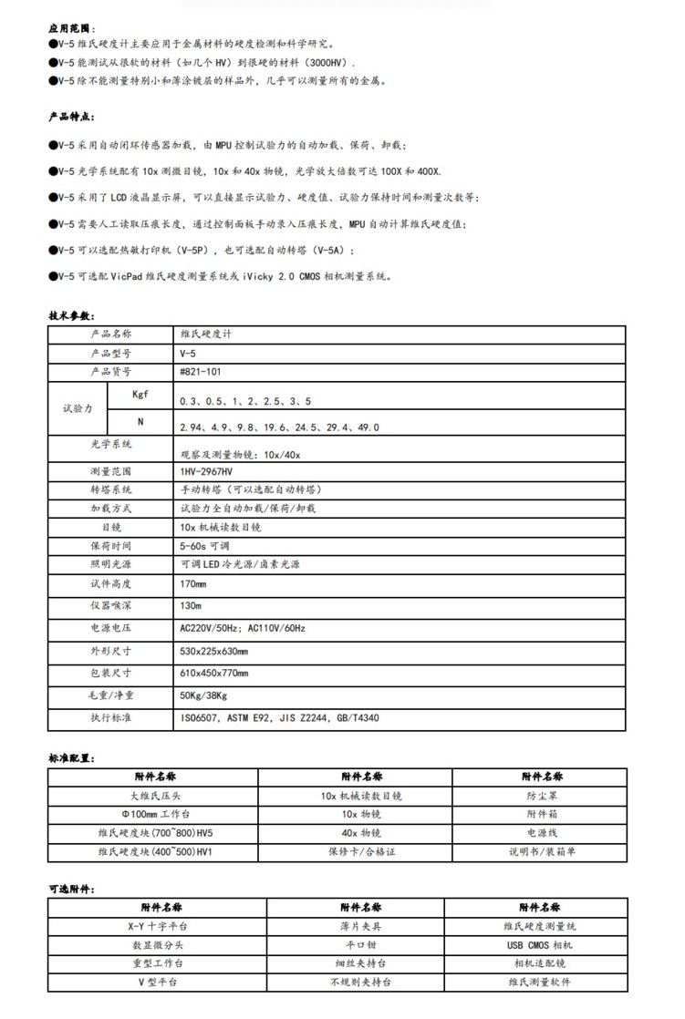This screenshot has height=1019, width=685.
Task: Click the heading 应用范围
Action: [x=70, y=28]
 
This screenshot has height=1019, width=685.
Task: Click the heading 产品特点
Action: [x=70, y=118]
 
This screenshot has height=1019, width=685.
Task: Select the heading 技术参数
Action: [x=70, y=315]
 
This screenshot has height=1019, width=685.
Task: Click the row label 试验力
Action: [x=78, y=409]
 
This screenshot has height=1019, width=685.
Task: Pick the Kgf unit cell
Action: [x=140, y=396]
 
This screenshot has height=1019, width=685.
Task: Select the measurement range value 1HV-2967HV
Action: [x=207, y=471]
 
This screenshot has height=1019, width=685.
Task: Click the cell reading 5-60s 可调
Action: [x=205, y=546]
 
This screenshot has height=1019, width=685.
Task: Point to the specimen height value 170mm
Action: [x=193, y=583]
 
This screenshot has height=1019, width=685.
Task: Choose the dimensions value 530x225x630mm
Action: [x=214, y=651]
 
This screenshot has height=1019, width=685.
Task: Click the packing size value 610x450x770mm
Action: [x=214, y=673]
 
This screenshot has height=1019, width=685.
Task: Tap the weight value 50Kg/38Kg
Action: [x=203, y=695]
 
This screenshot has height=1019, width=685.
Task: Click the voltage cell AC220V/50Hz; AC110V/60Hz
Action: [x=243, y=628]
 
